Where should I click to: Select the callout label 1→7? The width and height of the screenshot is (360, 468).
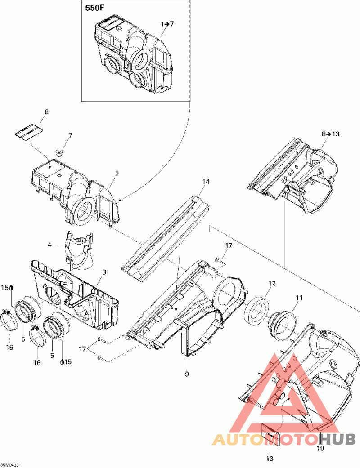pos(167,23)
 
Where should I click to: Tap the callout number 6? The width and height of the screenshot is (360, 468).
pos(46,112)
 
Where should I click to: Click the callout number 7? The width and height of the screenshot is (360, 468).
pos(70,135)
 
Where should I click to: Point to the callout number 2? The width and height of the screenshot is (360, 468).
pos(117,174)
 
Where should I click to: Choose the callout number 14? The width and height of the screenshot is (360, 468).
pos(206,182)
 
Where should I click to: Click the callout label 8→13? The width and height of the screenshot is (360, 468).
pos(330,134)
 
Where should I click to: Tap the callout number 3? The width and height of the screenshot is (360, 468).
pos(104,272)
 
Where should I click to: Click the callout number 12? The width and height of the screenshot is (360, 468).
pos(272,283)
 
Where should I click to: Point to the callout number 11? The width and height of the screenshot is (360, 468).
pos(299,297)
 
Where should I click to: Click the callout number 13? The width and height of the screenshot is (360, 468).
pos(270,459)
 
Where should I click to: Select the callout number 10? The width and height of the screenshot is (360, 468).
pos(320,448)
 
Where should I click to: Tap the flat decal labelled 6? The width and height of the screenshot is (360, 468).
pos(28,131)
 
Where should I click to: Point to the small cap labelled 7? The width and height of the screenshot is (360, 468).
pos(59,152)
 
